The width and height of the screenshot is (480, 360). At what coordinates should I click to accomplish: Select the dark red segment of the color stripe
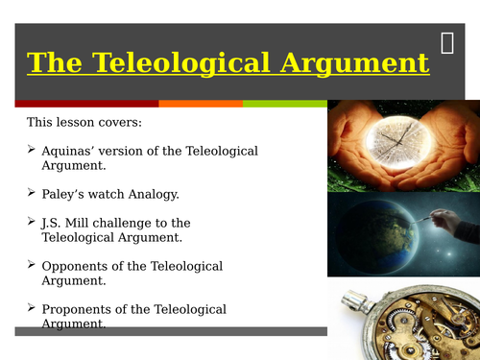coord(86,103)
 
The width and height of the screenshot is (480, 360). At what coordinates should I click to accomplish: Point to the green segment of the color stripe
coord(284,103)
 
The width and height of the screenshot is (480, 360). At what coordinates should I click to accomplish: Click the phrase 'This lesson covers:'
coord(84,123)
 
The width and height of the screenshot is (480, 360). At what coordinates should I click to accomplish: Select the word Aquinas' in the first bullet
coord(73,151)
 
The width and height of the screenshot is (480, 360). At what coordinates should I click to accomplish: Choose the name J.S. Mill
coord(69,223)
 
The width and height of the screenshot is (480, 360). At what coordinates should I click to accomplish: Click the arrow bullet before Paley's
coord(32,193)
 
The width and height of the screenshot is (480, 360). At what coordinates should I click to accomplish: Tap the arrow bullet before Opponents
coord(32,265)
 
